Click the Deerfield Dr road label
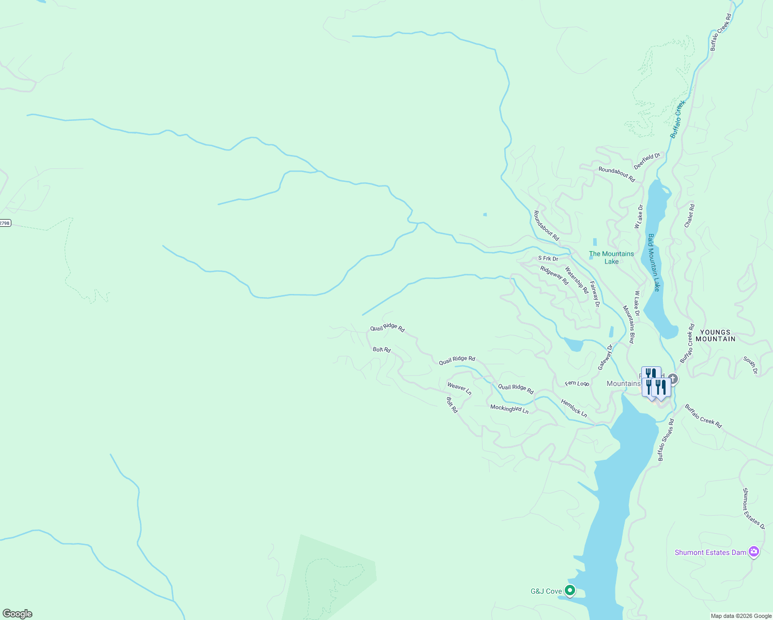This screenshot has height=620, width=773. [x=647, y=161]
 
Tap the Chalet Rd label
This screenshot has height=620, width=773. [x=689, y=216]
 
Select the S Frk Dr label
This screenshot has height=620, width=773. [x=548, y=258]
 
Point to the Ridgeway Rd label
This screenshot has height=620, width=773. [x=554, y=275]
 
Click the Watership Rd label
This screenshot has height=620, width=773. [x=577, y=280]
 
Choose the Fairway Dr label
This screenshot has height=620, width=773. [x=595, y=294]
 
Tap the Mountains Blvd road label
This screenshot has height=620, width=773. [x=628, y=324]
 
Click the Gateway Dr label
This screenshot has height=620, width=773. [x=605, y=357]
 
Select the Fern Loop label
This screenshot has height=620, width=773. [x=577, y=383]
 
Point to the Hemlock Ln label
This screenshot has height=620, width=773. [x=574, y=408]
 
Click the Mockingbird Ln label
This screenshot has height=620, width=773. [x=509, y=409]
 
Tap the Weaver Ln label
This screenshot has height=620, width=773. [x=459, y=389]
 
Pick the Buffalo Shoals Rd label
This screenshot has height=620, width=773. [x=666, y=440]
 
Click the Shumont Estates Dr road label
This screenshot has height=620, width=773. [x=753, y=508]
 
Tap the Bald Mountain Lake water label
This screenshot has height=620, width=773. [x=654, y=262]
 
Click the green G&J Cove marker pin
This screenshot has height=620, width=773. [x=570, y=590]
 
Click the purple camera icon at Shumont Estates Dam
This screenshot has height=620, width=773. [x=754, y=552]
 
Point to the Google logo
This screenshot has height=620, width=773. [x=18, y=614]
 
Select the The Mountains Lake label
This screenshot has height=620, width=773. [x=611, y=257]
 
